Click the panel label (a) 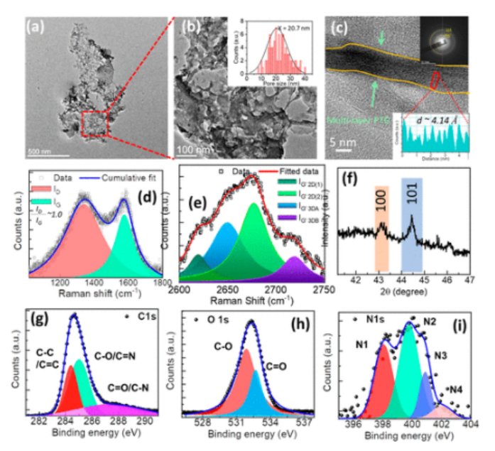[x=37, y=28]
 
